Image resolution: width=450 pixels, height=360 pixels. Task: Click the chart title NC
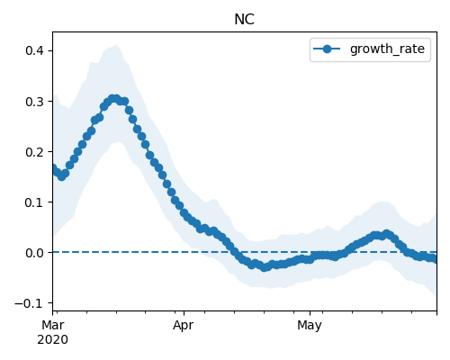point(244,20)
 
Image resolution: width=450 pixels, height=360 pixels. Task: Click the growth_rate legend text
point(387,49)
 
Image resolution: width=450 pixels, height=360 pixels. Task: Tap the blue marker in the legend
point(327,49)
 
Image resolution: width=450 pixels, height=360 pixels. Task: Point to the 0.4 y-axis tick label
point(34,50)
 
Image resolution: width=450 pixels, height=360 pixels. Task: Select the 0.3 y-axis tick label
point(34,102)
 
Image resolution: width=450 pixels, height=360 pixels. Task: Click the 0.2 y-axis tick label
point(34,152)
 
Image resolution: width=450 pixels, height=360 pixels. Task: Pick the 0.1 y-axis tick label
point(34,202)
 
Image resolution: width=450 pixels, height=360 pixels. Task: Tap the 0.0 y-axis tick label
point(34,253)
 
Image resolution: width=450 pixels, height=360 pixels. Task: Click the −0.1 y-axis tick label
point(29,303)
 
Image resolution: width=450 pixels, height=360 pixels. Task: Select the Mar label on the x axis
point(53,325)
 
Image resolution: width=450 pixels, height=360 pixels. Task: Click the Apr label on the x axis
point(184,325)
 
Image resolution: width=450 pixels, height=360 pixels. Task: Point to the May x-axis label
point(310,325)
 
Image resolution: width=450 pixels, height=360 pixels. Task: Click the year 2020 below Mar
point(53,339)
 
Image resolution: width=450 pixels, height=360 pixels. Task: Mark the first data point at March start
point(53,168)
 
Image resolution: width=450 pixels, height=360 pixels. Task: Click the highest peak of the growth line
point(113,99)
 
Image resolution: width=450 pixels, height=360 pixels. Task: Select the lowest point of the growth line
point(264,267)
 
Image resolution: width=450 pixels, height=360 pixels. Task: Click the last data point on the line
point(435,259)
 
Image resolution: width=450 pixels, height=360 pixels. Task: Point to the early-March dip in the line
point(62,176)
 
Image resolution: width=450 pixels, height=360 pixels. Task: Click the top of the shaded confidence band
point(116,45)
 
